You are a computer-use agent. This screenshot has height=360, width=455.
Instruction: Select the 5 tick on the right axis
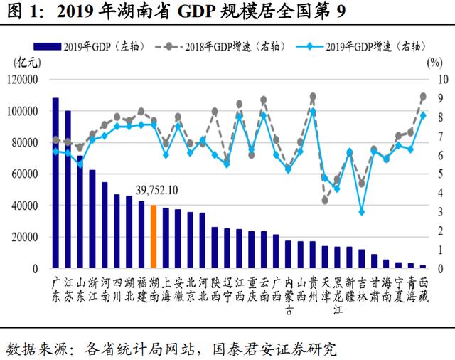[441, 174]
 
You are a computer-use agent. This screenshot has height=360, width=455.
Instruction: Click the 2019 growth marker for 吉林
[362, 212]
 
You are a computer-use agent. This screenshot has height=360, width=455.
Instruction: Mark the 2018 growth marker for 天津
[325, 201]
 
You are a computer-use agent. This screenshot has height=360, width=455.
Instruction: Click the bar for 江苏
[68, 189]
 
